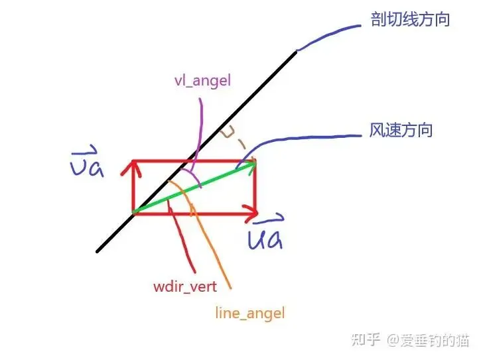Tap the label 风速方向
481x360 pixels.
tap(401, 130)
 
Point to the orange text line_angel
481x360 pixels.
tap(249, 312)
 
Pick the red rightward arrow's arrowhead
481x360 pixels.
tap(251, 213)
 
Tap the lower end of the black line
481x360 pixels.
tap(98, 251)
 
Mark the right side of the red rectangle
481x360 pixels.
tap(255, 189)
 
